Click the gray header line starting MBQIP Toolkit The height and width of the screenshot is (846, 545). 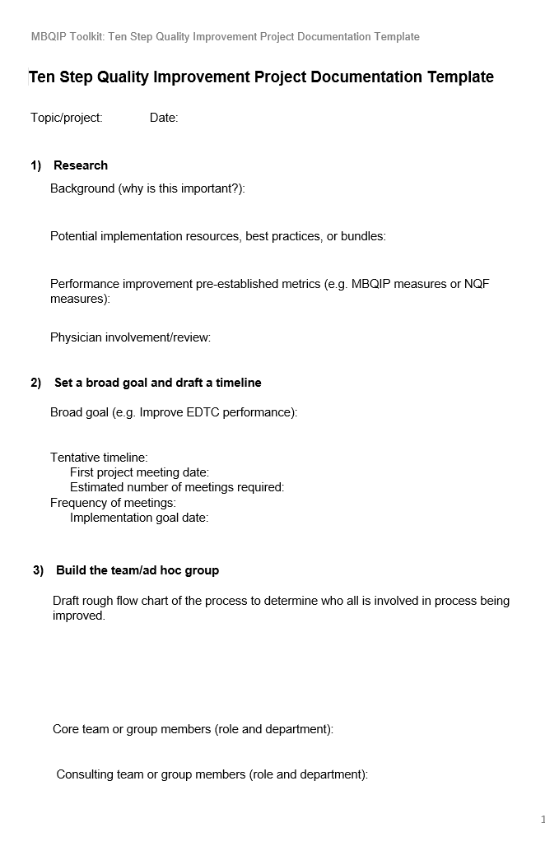pos(225,37)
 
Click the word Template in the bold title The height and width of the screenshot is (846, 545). pos(460,77)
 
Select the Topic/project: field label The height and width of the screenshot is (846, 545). pos(67,118)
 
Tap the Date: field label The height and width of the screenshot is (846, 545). pos(164,118)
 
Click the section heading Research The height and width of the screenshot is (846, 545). pos(81,165)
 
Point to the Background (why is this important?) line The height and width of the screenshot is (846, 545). pos(147,188)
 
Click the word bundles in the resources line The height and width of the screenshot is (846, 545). pos(362,236)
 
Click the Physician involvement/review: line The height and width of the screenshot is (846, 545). pos(130,337)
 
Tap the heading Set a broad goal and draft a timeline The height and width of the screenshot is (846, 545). pos(157,383)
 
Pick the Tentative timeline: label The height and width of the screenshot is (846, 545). pos(99,458)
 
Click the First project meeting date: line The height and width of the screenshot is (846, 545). pos(139,472)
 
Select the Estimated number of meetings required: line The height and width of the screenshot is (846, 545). pos(177,487)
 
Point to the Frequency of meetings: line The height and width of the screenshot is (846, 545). pos(113,502)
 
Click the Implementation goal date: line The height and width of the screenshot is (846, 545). pos(139,518)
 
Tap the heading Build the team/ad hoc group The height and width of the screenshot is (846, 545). pos(137,570)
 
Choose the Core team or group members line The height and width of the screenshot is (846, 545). pos(193,729)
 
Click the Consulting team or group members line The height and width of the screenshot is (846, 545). pos(212,774)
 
